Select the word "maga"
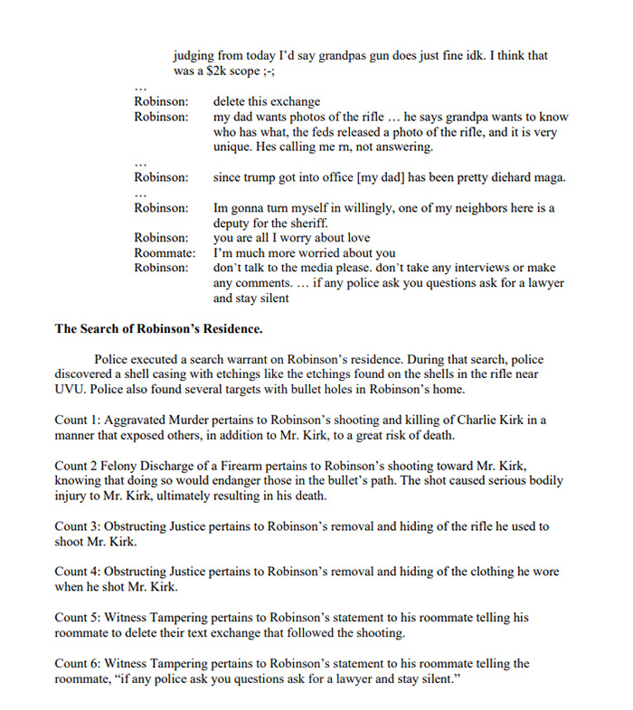click(x=550, y=177)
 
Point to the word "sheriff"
click(x=311, y=223)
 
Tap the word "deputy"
click(x=234, y=223)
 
